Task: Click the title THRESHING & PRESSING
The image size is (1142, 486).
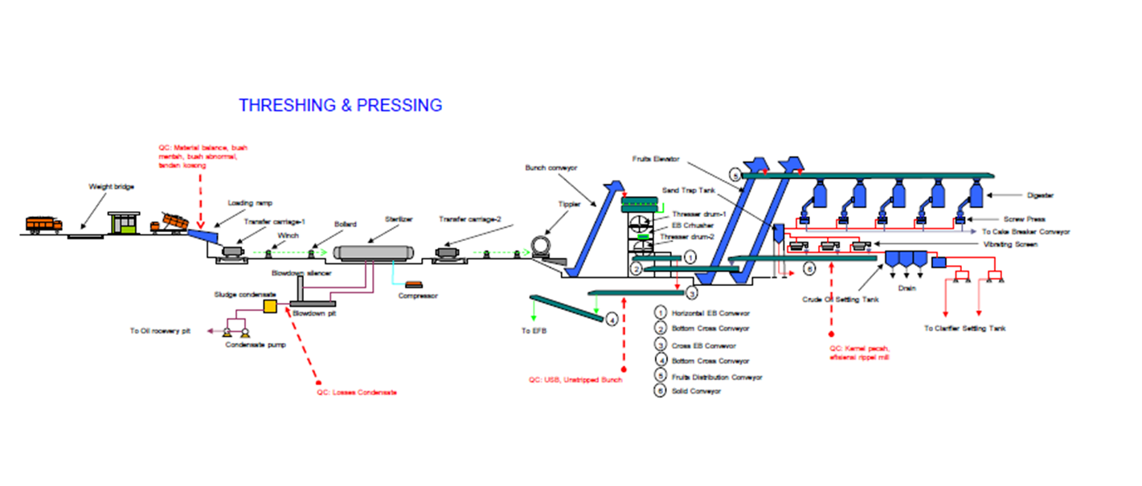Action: click(x=341, y=105)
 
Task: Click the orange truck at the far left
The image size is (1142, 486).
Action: click(x=43, y=223)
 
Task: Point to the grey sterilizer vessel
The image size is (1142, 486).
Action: click(x=374, y=252)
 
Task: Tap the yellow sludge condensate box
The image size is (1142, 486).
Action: click(x=271, y=306)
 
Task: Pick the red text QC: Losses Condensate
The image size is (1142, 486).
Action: click(x=357, y=392)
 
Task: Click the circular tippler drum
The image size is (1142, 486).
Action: click(x=544, y=244)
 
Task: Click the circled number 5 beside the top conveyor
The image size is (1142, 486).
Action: click(x=734, y=174)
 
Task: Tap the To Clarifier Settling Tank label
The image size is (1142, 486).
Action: click(x=964, y=328)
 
